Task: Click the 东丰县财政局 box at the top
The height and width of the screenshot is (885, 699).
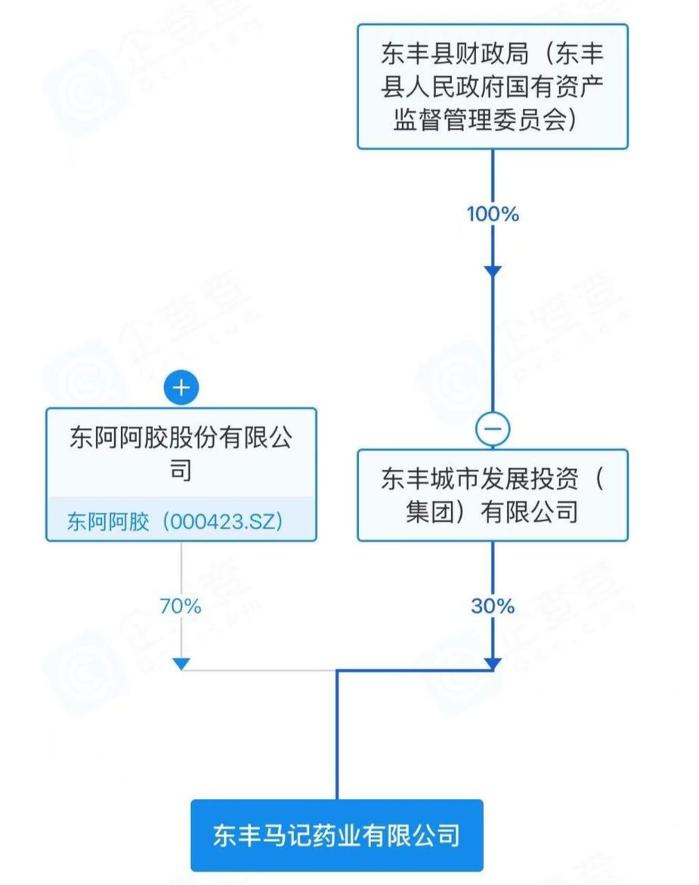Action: point(492,86)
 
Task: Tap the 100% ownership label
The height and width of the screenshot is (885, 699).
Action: point(493,214)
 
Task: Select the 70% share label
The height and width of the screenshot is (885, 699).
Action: point(181,606)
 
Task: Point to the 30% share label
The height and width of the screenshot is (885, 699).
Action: point(493,606)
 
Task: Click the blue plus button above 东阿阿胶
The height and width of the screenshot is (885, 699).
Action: point(181,389)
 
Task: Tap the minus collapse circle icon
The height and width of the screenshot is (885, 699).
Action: point(493,430)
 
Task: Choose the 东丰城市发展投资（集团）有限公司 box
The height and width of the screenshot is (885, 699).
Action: point(493,495)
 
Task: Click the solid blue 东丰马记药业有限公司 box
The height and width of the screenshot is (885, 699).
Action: point(336,835)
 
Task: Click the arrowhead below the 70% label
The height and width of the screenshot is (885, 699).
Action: point(181,663)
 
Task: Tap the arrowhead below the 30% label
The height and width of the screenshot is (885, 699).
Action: point(493,664)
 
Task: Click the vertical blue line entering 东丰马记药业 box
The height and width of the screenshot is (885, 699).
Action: point(337,740)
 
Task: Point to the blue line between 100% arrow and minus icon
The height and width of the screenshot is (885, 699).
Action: point(493,347)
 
